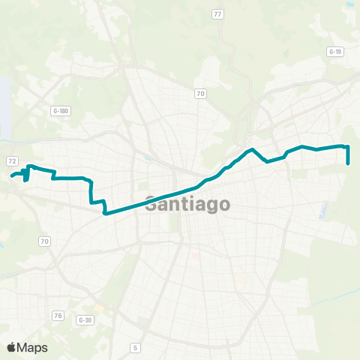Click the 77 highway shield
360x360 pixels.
(217, 14)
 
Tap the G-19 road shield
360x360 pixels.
(334, 51)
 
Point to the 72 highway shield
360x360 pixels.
(12, 161)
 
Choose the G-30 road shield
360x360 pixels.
(85, 319)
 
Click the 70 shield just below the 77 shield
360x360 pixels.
(200, 93)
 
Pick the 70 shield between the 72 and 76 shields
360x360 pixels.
(45, 241)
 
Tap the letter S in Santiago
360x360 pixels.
(150, 203)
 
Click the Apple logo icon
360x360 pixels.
(11, 347)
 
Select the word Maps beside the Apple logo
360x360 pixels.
(32, 347)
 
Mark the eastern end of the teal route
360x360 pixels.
(349, 163)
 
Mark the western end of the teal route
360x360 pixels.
(12, 177)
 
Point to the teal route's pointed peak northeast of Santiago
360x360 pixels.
(253, 149)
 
